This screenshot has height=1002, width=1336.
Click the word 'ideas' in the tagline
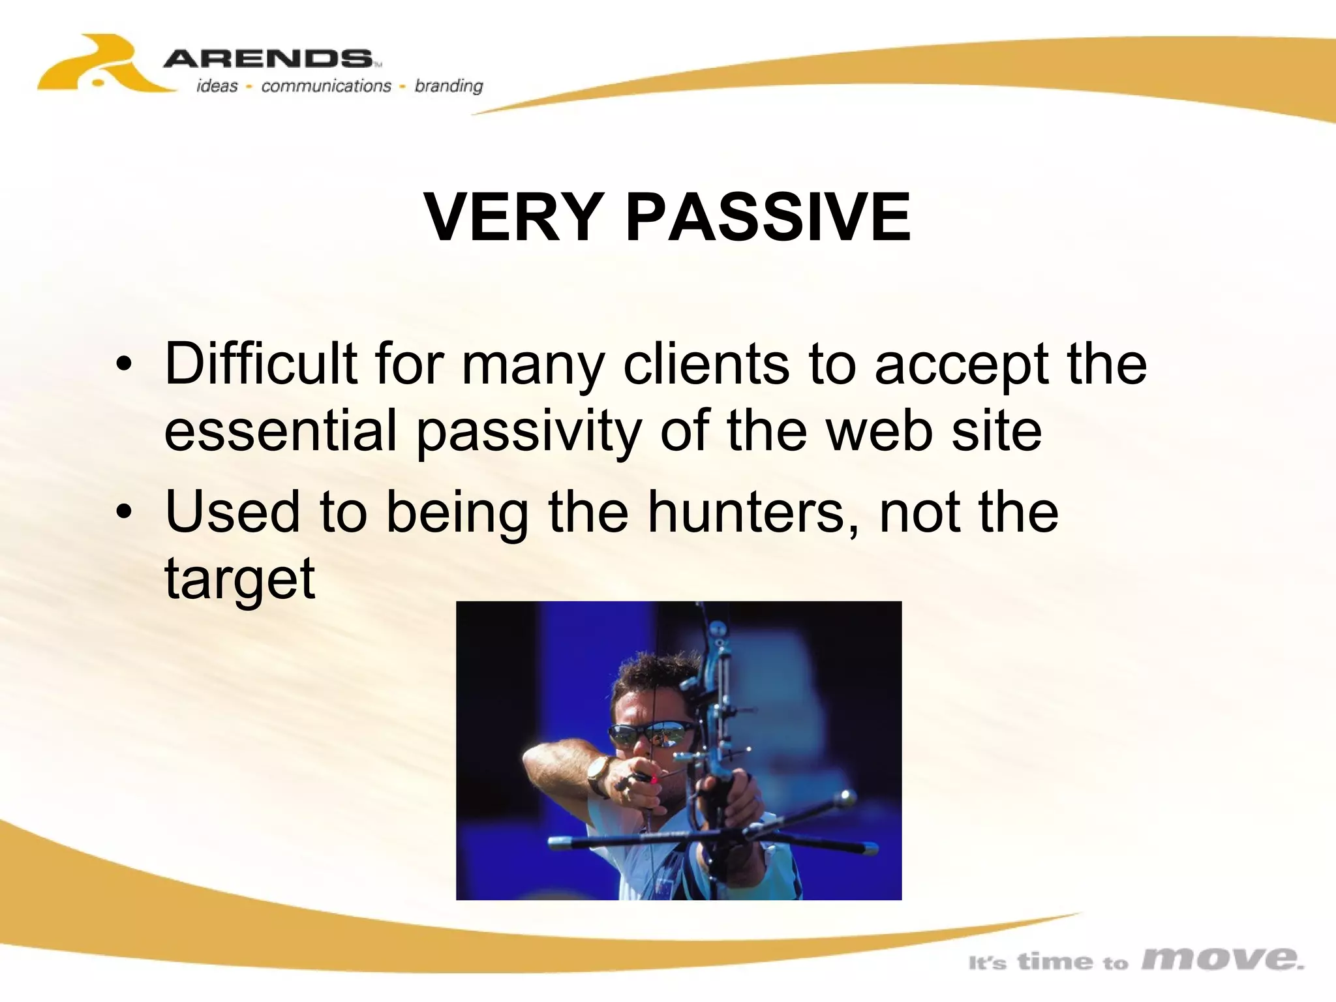click(x=217, y=86)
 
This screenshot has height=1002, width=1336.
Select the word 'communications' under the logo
click(x=326, y=86)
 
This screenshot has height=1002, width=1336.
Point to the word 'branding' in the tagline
click(x=449, y=86)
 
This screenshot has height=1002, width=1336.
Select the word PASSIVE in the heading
click(x=768, y=217)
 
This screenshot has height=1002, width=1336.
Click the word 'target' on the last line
click(x=239, y=579)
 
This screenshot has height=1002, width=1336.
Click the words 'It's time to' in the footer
click(x=1048, y=962)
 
